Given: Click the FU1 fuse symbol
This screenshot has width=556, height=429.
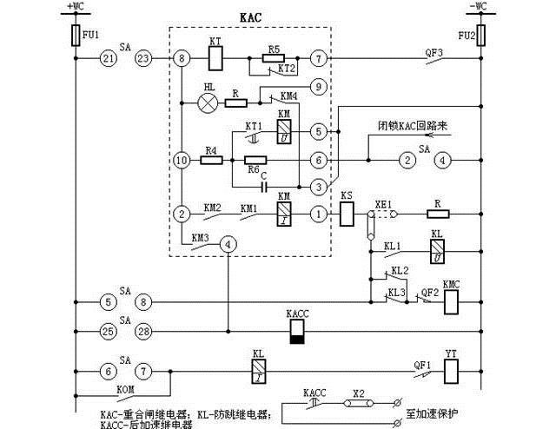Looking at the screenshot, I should (76, 35).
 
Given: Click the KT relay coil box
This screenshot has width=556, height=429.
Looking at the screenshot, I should (216, 59).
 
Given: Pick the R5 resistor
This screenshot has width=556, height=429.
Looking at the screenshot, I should (274, 59).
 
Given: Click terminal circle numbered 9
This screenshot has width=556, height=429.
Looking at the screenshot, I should (319, 87).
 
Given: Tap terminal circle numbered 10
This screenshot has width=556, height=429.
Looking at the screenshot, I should (181, 161).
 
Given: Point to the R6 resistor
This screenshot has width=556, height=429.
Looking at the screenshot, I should (255, 161).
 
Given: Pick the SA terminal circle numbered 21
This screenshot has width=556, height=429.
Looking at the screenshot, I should (108, 59).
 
